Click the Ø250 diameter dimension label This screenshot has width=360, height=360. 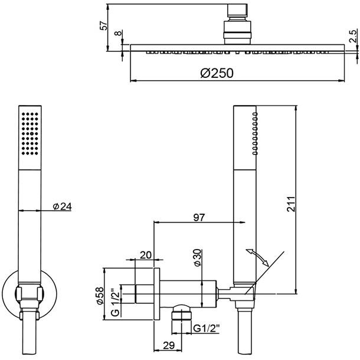click(217, 73)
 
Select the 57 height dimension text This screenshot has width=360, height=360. click(104, 25)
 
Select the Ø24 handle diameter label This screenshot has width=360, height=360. click(62, 206)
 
